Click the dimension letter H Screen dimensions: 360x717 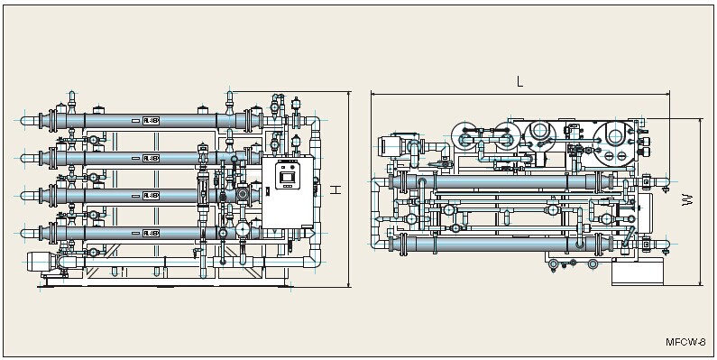336,189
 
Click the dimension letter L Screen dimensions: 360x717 520,81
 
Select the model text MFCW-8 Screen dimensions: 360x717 685,343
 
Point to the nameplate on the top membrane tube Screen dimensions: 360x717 150,119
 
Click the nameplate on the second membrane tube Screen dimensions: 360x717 150,157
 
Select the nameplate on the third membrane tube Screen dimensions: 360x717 150,195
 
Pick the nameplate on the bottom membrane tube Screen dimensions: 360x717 150,233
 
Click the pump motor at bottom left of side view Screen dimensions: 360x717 40,261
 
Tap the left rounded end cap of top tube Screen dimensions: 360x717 41,119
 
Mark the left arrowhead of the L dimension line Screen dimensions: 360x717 373,93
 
